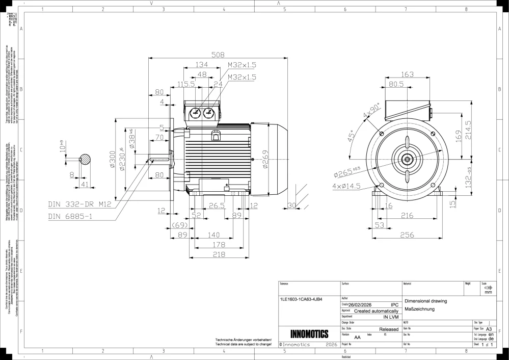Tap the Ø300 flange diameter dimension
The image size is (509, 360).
coord(112,160)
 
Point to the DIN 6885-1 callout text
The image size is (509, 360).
coord(70,216)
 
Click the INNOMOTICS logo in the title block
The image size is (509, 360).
coord(309,335)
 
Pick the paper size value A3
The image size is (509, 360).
coord(489,329)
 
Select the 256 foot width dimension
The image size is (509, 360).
coord(407,235)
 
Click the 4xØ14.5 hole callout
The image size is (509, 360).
coord(347,186)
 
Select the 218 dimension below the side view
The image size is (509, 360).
coord(219,254)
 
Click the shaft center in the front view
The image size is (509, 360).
coord(407,159)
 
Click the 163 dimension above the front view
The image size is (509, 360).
coord(407,74)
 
